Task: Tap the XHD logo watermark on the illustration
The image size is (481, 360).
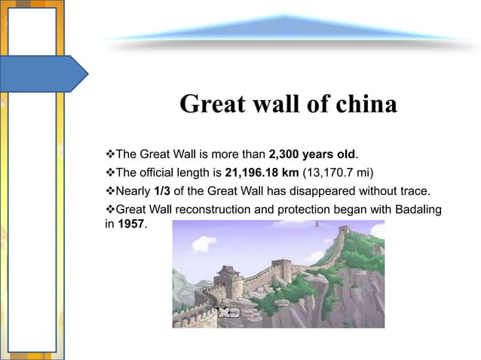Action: point(227,311)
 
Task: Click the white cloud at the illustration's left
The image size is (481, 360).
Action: point(203,243)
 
